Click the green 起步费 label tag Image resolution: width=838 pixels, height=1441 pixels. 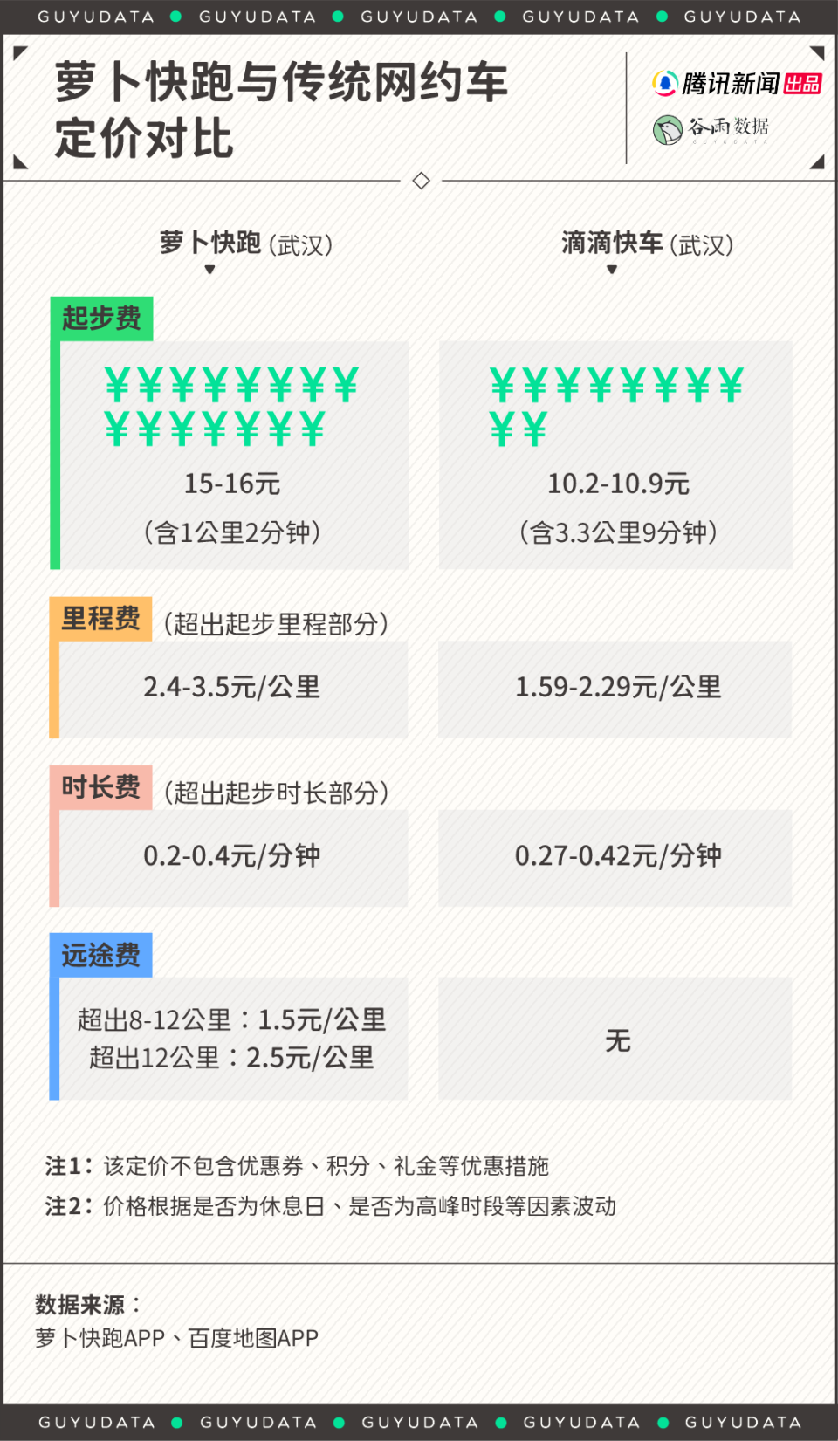[101, 319]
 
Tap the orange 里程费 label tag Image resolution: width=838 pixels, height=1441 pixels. [100, 619]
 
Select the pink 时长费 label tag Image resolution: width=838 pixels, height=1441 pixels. [100, 787]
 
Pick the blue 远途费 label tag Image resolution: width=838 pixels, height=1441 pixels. [100, 956]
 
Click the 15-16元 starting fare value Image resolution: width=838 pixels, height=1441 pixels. [232, 484]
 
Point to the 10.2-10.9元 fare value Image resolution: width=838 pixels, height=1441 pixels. [618, 484]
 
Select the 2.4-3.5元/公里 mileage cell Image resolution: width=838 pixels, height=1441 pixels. [232, 688]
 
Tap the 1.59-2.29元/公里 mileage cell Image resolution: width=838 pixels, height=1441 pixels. [618, 688]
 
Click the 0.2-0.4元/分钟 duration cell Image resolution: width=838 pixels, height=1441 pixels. [232, 856]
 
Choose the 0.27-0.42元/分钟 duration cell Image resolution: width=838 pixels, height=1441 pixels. [618, 856]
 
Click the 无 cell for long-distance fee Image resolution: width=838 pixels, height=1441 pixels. [617, 1040]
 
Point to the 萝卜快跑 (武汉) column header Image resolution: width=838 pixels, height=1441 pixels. [245, 244]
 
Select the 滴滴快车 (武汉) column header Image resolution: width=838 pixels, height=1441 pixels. [647, 244]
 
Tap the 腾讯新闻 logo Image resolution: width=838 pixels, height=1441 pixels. [736, 84]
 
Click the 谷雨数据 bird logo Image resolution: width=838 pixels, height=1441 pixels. [668, 130]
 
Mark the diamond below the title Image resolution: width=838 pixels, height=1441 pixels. [421, 181]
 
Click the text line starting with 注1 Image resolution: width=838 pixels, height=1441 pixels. [297, 1166]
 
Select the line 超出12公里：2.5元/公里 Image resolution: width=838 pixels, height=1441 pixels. [231, 1058]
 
